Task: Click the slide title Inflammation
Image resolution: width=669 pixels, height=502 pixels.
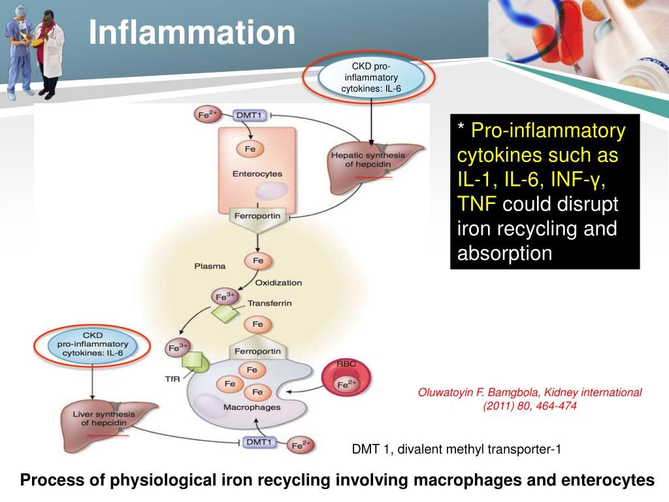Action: click(x=192, y=33)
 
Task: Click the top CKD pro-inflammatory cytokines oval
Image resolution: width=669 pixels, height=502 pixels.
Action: click(x=371, y=77)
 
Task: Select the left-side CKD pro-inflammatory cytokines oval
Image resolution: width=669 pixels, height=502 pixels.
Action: click(x=92, y=344)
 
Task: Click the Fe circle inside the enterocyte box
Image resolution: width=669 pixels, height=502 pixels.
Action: click(x=250, y=149)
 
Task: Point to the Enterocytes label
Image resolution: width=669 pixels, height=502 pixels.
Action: click(x=257, y=175)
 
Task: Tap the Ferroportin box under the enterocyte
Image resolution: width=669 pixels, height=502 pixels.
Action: click(x=256, y=216)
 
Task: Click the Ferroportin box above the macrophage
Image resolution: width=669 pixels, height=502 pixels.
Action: click(x=257, y=351)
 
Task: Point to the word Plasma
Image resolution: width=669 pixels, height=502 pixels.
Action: click(x=210, y=266)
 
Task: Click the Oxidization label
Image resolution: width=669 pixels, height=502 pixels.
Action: click(x=278, y=282)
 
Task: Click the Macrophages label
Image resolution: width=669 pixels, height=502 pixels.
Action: click(x=252, y=407)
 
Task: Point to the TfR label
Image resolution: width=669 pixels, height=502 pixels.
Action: click(x=172, y=378)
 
